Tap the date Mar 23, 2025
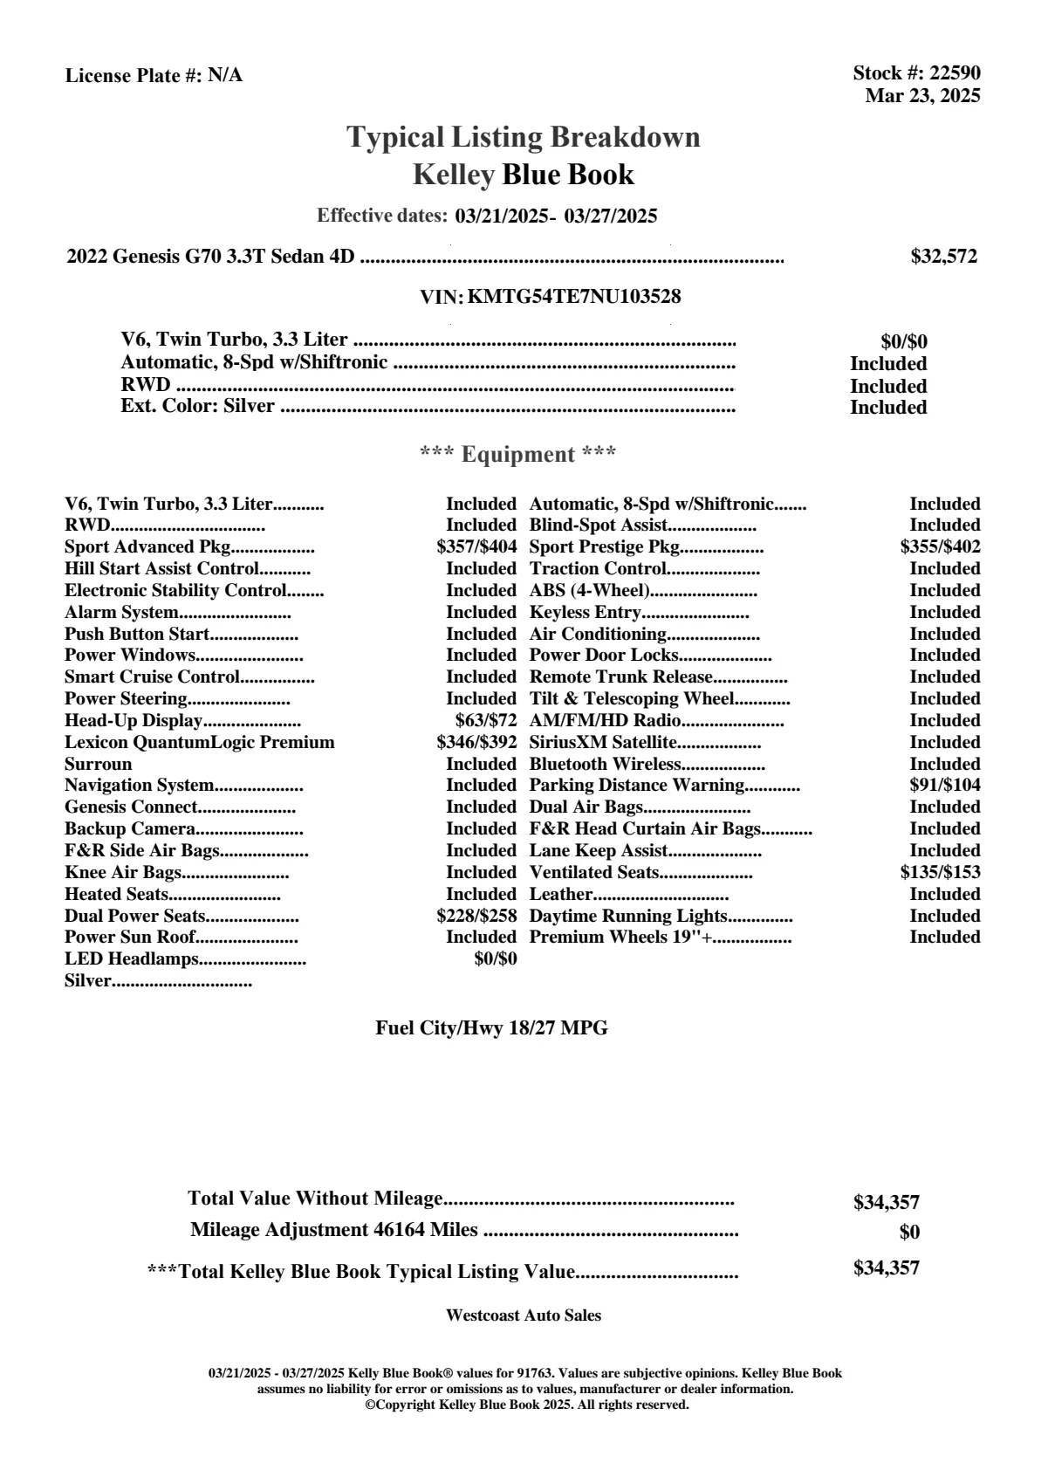(x=922, y=96)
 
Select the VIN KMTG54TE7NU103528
(x=574, y=297)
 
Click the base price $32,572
(x=944, y=257)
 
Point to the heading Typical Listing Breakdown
(x=524, y=137)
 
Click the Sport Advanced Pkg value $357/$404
(x=476, y=547)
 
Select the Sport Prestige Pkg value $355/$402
(x=940, y=547)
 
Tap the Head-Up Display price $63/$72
(x=485, y=721)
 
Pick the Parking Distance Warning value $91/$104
(x=944, y=786)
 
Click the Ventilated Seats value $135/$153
(x=940, y=872)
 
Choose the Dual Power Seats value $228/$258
(x=476, y=916)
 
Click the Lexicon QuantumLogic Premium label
(x=199, y=743)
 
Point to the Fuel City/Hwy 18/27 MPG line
(x=491, y=1028)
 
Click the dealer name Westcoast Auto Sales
(x=523, y=1315)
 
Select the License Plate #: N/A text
(x=154, y=76)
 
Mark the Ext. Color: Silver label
(x=197, y=406)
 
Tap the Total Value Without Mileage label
(x=315, y=1199)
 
